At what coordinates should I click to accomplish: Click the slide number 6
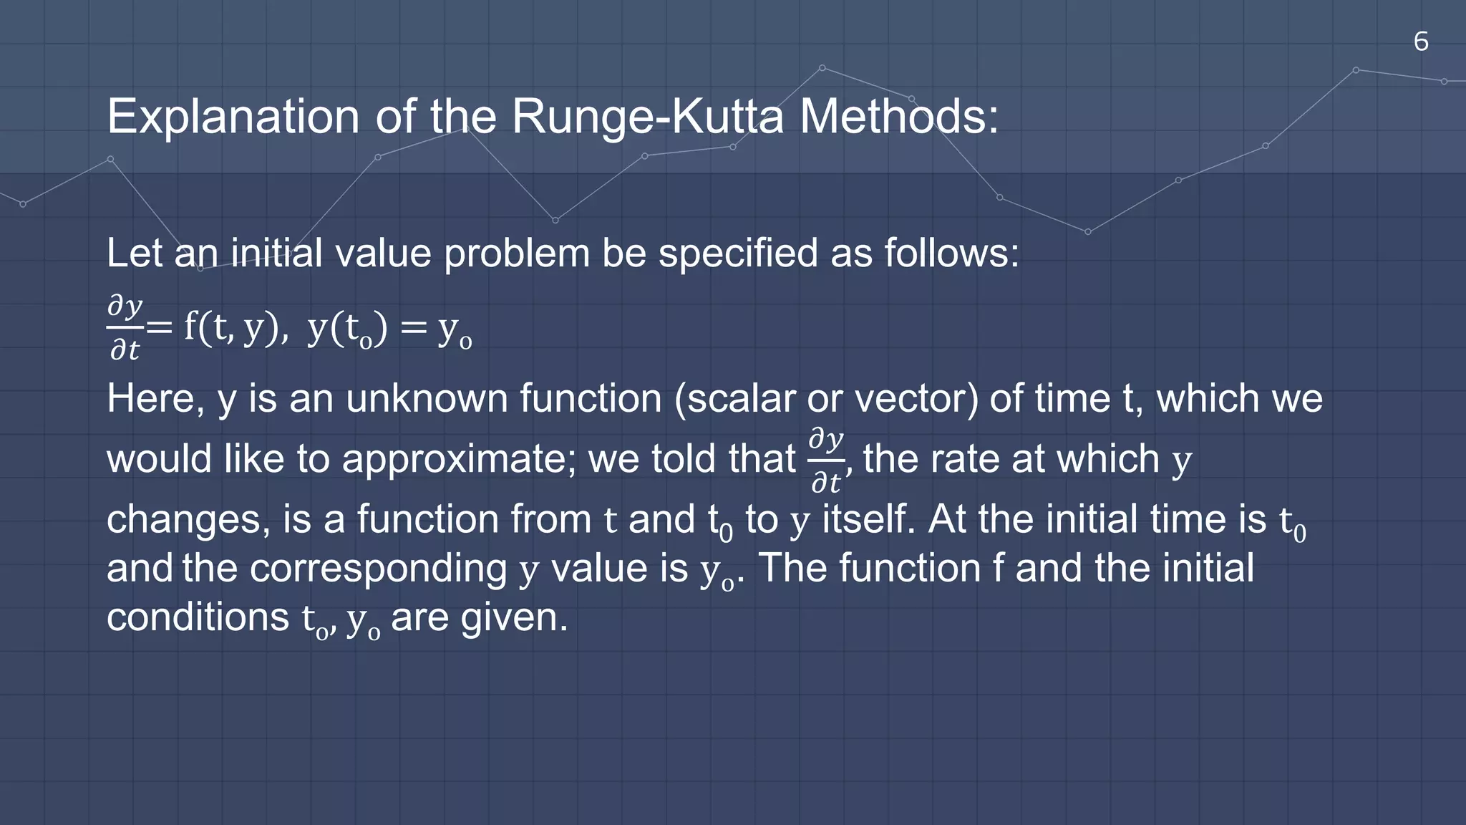point(1421,42)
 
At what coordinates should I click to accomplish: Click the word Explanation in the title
point(233,116)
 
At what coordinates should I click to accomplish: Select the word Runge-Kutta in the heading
point(648,116)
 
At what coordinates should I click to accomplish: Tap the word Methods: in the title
point(899,116)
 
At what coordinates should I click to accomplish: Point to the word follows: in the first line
point(952,254)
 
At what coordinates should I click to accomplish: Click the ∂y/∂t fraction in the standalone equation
point(125,327)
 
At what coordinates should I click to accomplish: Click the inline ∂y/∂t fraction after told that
point(827,460)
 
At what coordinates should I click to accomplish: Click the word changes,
point(188,519)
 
